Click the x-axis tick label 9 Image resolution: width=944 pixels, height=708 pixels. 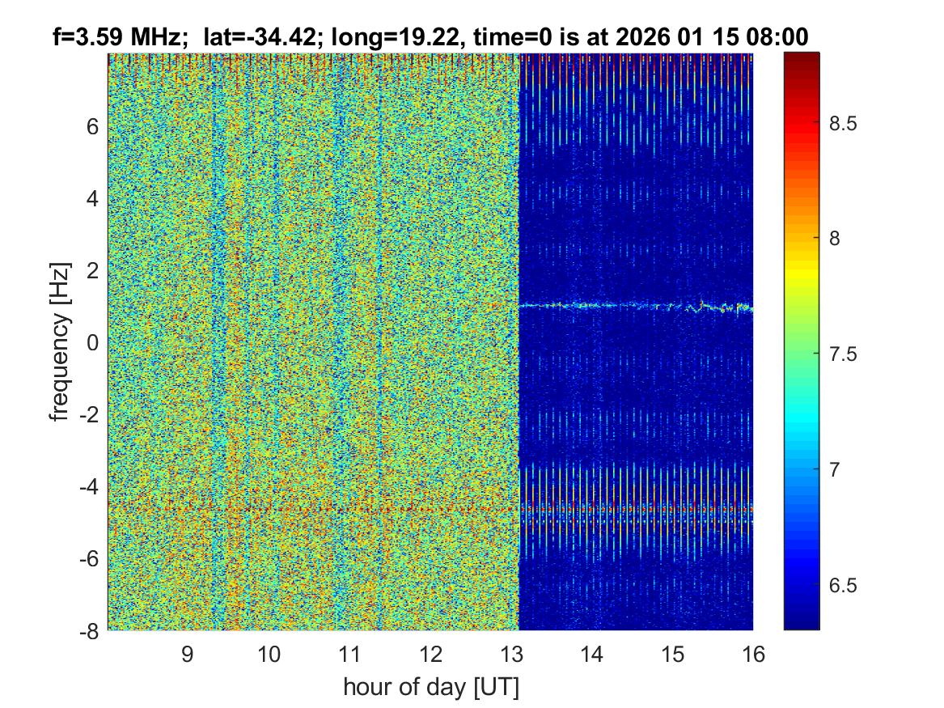pyautogui.click(x=188, y=654)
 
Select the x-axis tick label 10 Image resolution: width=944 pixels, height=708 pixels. pyautogui.click(x=269, y=654)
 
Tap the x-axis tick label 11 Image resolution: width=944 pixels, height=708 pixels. pyautogui.click(x=349, y=654)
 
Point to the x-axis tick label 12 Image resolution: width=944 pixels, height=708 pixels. pyautogui.click(x=430, y=654)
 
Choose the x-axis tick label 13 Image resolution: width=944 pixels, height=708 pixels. pyautogui.click(x=511, y=654)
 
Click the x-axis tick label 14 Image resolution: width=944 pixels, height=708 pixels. pyautogui.click(x=592, y=654)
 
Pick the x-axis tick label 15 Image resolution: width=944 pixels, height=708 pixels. pyautogui.click(x=673, y=654)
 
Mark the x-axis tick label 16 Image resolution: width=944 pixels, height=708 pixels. pyautogui.click(x=753, y=654)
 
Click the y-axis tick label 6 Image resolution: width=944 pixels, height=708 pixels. pyautogui.click(x=92, y=126)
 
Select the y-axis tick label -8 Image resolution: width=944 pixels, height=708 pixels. pyautogui.click(x=88, y=630)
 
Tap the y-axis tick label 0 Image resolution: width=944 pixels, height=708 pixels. pyautogui.click(x=92, y=342)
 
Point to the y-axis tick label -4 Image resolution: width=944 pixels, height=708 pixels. pyautogui.click(x=88, y=487)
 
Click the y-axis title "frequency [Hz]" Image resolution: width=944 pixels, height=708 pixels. pyautogui.click(x=59, y=341)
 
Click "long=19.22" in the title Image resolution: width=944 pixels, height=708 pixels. pyautogui.click(x=400, y=36)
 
